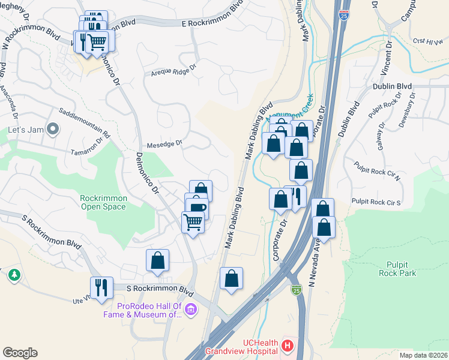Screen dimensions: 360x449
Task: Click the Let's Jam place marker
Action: pyautogui.click(x=52, y=129)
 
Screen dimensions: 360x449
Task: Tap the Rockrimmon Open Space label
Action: pyautogui.click(x=103, y=202)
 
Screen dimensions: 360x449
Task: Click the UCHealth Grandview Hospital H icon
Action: pyautogui.click(x=288, y=346)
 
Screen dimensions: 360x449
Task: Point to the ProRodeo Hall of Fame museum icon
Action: pyautogui.click(x=191, y=310)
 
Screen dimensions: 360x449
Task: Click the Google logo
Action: pyautogui.click(x=20, y=353)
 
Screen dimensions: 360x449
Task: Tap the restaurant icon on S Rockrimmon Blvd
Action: pyautogui.click(x=101, y=287)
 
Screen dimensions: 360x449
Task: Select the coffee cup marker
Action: pyautogui.click(x=196, y=207)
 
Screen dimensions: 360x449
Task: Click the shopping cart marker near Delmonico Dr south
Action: pyautogui.click(x=193, y=222)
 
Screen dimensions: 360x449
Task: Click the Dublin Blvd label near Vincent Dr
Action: pyautogui.click(x=391, y=86)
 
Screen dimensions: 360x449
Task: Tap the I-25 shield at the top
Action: pyautogui.click(x=343, y=14)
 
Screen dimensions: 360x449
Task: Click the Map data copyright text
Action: pyautogui.click(x=423, y=355)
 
